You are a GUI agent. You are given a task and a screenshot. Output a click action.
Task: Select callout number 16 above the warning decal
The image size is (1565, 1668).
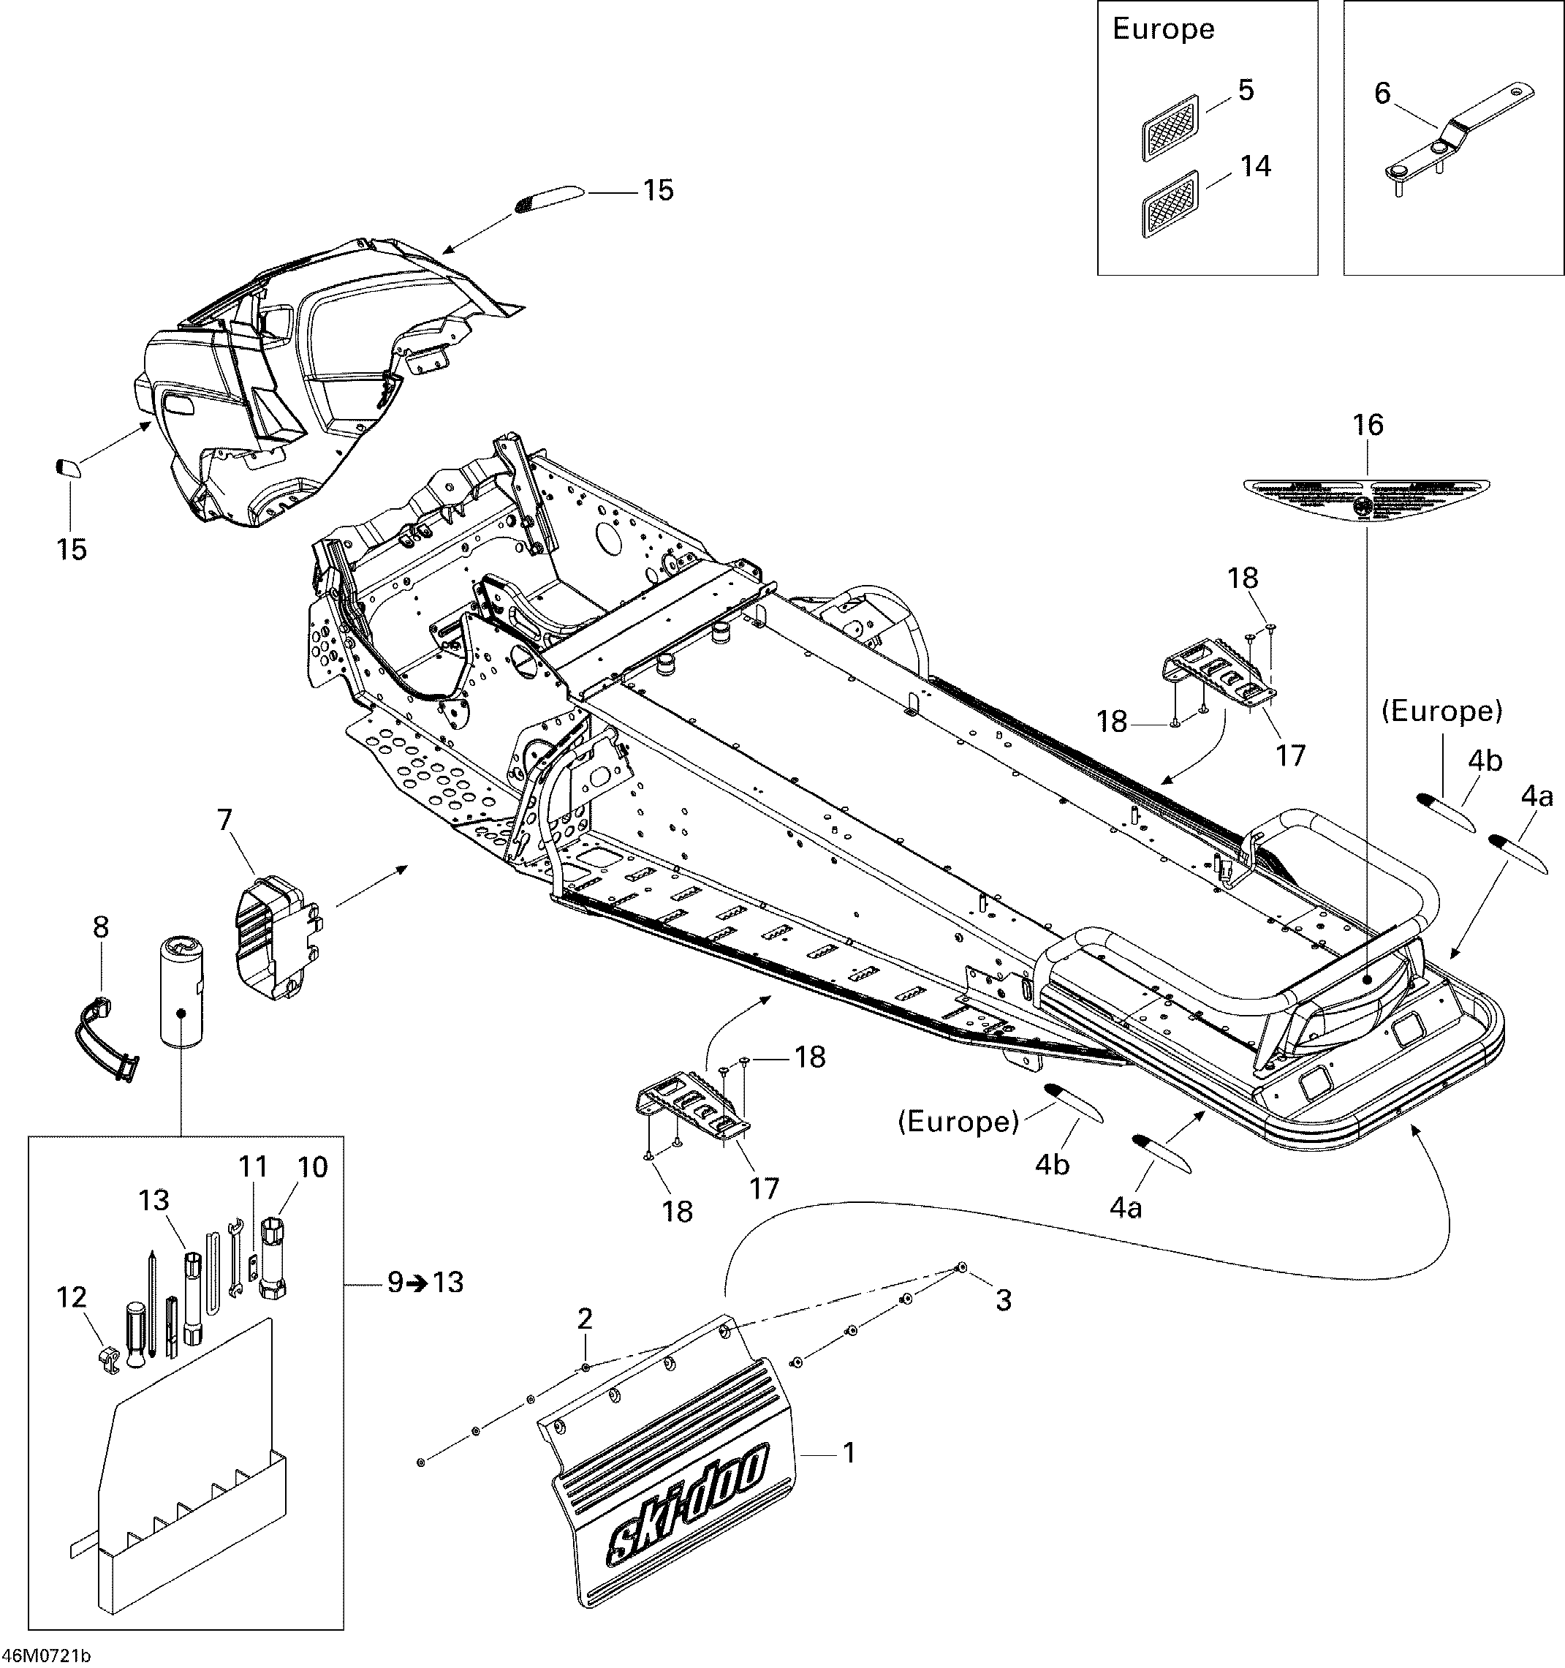click(1368, 426)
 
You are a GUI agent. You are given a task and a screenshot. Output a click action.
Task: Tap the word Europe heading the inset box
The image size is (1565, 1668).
click(1163, 29)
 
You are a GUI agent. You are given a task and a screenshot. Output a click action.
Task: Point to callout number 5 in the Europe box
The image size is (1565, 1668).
click(1246, 91)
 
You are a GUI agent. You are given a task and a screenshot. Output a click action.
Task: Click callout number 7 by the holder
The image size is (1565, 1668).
click(224, 820)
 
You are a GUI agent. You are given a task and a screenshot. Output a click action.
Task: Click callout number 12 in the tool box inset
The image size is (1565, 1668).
click(72, 1297)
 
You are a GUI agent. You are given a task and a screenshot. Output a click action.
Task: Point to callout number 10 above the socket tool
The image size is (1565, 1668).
click(313, 1167)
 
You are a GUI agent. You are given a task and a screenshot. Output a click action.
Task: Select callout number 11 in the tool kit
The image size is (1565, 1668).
click(254, 1166)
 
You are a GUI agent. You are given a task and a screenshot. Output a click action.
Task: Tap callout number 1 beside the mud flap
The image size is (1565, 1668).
click(848, 1452)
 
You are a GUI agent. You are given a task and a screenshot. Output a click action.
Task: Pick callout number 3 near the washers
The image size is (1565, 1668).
click(1003, 1299)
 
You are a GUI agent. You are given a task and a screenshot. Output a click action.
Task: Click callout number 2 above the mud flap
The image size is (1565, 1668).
click(585, 1319)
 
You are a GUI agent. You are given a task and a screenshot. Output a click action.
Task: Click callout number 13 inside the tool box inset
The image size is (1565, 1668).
click(154, 1200)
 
